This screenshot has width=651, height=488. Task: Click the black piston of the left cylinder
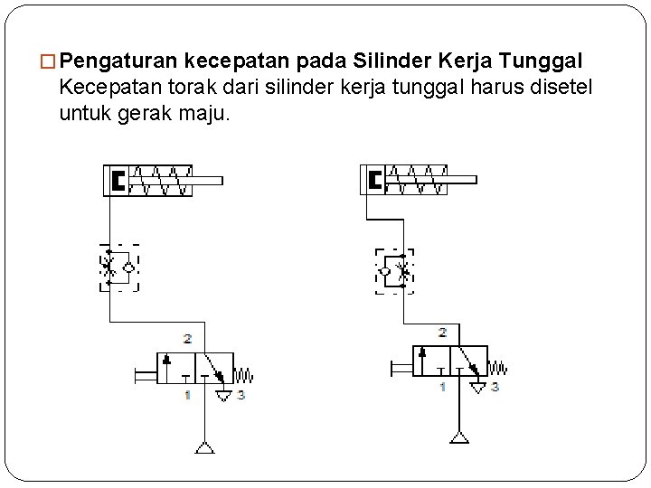(118, 181)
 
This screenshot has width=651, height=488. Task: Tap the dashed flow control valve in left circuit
(119, 267)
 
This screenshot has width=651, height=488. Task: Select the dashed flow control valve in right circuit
(394, 270)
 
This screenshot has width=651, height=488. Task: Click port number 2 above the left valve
(187, 339)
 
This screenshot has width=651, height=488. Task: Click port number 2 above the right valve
(442, 333)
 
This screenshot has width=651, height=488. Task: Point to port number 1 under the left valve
(186, 395)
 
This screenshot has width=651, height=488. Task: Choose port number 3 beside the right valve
(495, 387)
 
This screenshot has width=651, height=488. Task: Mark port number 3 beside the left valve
(241, 395)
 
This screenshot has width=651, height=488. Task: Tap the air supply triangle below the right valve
(460, 438)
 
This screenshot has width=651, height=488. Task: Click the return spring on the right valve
(497, 368)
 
